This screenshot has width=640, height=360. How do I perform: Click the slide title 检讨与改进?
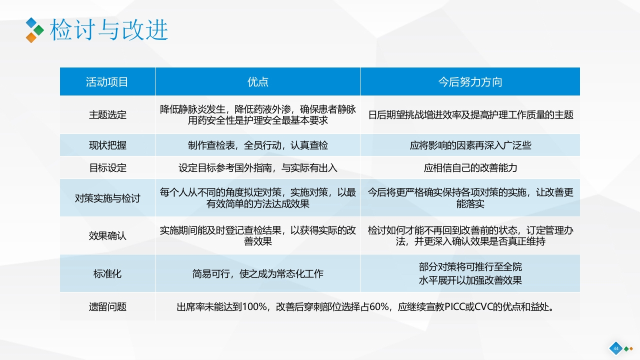pos(108,30)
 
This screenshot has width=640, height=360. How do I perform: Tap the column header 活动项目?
pos(107,82)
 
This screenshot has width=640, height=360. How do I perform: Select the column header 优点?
pos(258,82)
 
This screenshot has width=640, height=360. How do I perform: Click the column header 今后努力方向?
pos(470,82)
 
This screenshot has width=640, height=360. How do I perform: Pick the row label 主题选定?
pos(107,115)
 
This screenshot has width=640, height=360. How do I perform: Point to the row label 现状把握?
pos(107,145)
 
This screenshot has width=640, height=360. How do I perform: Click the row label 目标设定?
pos(107,168)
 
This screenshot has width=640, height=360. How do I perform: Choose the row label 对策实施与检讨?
pos(107,198)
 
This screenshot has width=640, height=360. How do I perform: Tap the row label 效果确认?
pos(107,235)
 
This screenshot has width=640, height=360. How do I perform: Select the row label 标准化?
pos(107,273)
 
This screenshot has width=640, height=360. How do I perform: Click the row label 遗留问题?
pos(107,306)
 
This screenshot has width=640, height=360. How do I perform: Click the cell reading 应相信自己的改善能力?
pos(470,168)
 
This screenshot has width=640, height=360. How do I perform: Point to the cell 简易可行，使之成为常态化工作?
pos(258,273)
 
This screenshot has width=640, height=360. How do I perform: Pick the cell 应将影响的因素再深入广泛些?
pos(470,145)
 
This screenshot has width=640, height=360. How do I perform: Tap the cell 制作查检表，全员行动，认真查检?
pos(258,145)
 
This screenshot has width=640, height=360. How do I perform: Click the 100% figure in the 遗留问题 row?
pos(254,306)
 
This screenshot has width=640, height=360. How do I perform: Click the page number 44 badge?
pos(615,348)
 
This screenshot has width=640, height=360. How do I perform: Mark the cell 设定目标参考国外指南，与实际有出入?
pos(258,168)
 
